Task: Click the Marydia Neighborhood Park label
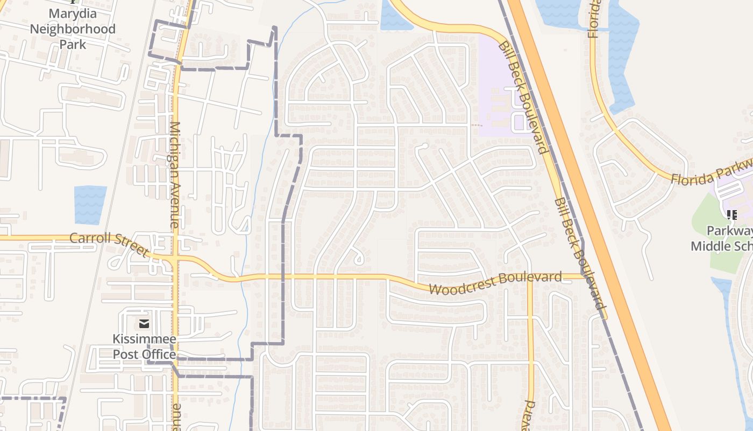73,28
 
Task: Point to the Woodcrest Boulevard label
495,283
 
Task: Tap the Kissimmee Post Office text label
144,346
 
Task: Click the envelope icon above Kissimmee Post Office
144,323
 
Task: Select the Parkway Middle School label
723,239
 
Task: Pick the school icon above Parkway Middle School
731,215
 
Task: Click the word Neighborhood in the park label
73,29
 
